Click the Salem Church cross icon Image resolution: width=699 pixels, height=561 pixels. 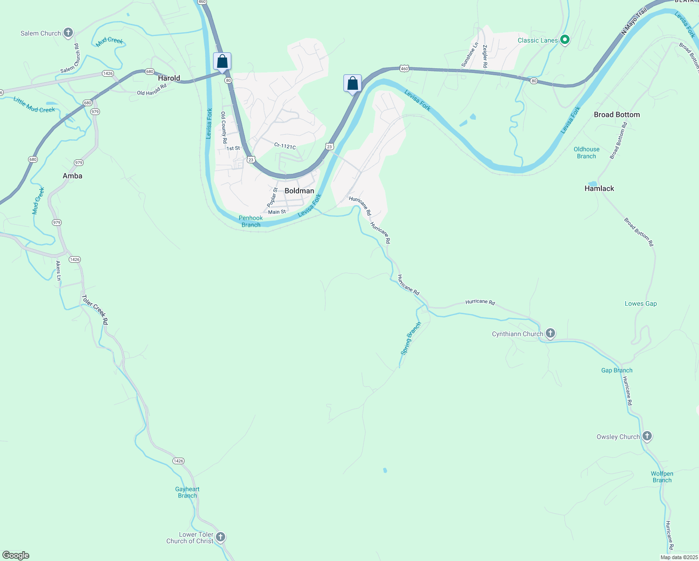coord(68,33)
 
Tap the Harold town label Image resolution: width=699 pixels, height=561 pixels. coord(169,78)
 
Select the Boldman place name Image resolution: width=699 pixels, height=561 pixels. coord(299,191)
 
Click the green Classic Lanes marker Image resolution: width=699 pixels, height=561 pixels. coord(564,40)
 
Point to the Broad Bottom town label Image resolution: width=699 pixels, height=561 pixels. coord(617,115)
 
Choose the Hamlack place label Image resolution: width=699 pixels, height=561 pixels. coord(599,188)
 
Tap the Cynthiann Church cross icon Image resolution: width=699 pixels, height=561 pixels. coord(550,333)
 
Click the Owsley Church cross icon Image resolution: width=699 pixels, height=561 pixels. coord(647,436)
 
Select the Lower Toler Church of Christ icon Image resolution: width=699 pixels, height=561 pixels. coord(221,537)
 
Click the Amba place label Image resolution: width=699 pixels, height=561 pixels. coord(72,176)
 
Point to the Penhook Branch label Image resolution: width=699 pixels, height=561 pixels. coord(251,221)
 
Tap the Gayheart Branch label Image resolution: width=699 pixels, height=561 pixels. coord(187,492)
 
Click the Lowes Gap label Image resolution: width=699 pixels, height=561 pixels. coord(641,303)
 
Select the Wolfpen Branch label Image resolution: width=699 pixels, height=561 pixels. coord(662,477)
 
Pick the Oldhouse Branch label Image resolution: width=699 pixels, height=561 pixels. coord(586,152)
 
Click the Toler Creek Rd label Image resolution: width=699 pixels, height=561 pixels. coord(95,309)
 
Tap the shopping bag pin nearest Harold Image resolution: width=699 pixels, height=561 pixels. coord(222,61)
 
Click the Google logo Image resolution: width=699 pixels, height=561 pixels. coord(16,555)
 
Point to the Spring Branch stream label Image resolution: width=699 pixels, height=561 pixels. coord(411,338)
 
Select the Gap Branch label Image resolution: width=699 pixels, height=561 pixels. coord(617,370)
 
